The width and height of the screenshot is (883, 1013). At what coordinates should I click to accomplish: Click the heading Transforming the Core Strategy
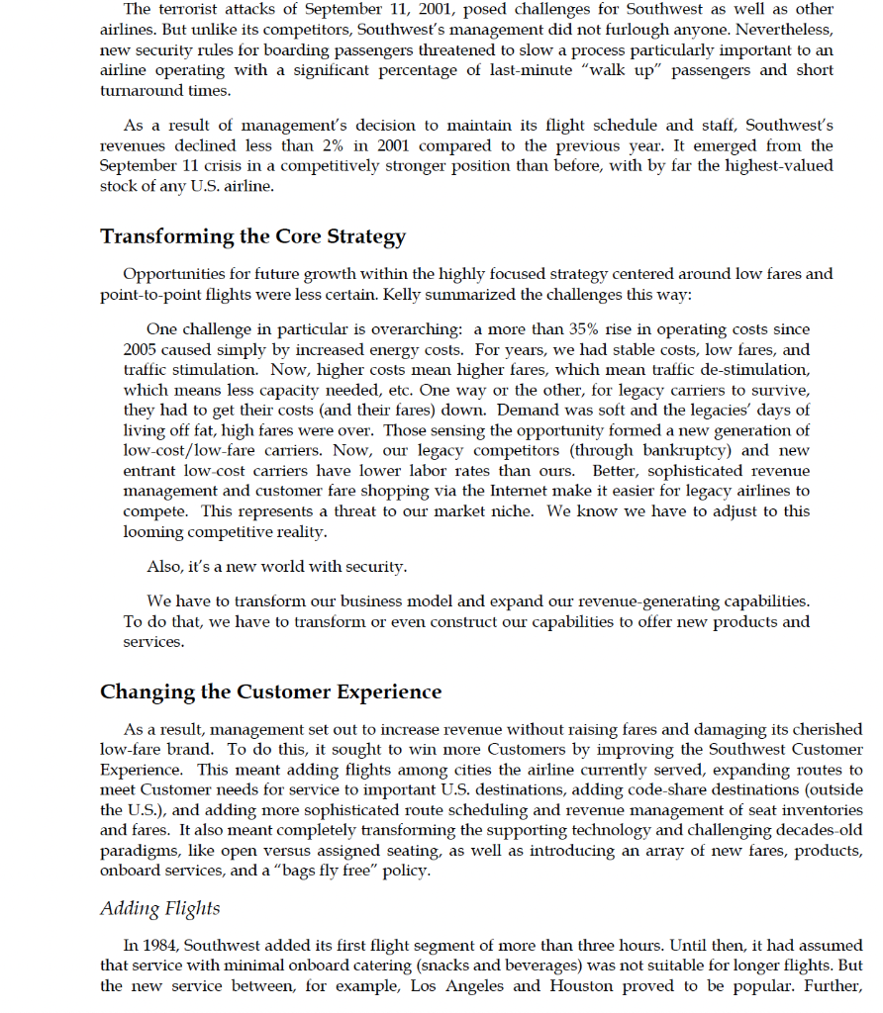click(x=252, y=236)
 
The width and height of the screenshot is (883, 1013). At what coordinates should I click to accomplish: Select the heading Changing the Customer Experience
click(x=270, y=691)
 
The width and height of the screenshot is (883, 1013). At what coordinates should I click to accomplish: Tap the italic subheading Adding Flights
click(x=160, y=908)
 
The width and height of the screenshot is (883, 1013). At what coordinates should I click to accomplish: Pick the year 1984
click(x=160, y=946)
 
